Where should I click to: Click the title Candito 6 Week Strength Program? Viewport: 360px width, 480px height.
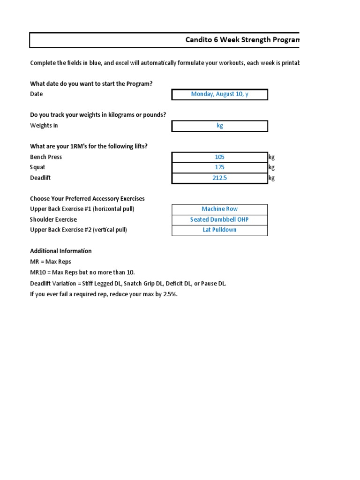[242, 40]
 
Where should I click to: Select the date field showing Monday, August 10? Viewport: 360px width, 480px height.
[220, 94]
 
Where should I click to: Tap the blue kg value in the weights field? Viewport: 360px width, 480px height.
[220, 126]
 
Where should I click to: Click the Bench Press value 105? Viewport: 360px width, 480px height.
[220, 157]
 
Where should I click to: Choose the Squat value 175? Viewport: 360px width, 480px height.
[220, 167]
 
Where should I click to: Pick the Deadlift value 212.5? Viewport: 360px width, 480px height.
[220, 178]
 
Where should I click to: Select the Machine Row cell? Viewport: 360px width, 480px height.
[220, 209]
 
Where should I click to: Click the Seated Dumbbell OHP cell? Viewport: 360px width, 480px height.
[220, 219]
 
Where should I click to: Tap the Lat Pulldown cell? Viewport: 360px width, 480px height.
[220, 230]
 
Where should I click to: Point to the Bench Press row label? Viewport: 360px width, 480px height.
[46, 157]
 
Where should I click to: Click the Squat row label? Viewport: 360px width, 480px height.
[38, 167]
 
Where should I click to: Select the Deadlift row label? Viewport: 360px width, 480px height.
[41, 178]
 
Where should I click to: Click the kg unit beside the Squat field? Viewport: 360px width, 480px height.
[271, 167]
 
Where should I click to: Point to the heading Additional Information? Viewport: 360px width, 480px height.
[61, 251]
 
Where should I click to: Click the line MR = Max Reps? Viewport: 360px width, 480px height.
[51, 262]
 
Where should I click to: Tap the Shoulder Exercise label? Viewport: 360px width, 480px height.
[53, 219]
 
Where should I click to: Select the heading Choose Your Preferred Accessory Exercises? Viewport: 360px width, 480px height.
[87, 199]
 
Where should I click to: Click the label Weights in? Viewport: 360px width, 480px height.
[44, 126]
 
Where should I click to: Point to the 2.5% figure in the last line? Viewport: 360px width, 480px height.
[170, 294]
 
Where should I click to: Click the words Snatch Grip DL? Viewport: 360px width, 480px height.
[143, 284]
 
